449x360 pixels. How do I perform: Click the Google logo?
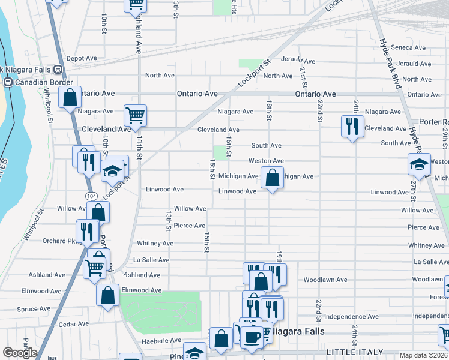click(x=20, y=353)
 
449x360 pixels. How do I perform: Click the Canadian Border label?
click(x=44, y=82)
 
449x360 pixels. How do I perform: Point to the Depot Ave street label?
click(x=82, y=58)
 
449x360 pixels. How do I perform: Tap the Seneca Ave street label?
click(x=408, y=47)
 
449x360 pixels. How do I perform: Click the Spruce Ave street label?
click(x=34, y=309)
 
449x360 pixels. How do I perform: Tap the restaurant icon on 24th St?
click(x=351, y=126)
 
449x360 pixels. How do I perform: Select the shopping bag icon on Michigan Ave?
click(x=272, y=178)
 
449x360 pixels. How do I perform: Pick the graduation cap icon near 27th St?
click(x=419, y=164)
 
